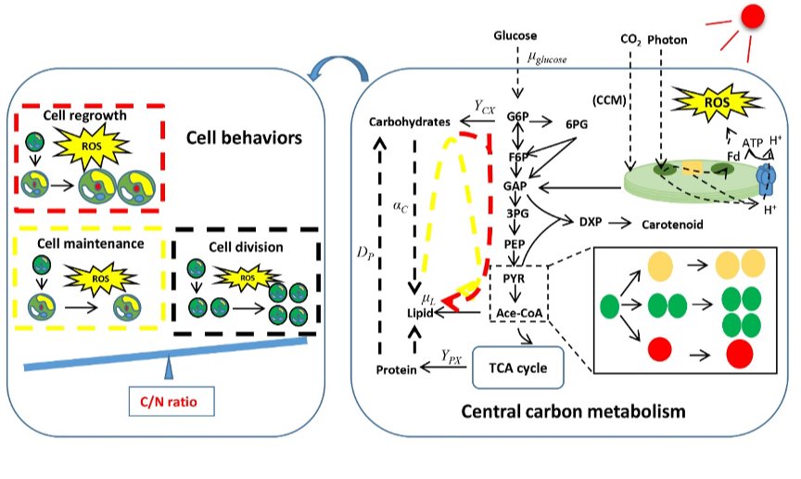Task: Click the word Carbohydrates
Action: (410, 122)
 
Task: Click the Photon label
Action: (667, 40)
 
